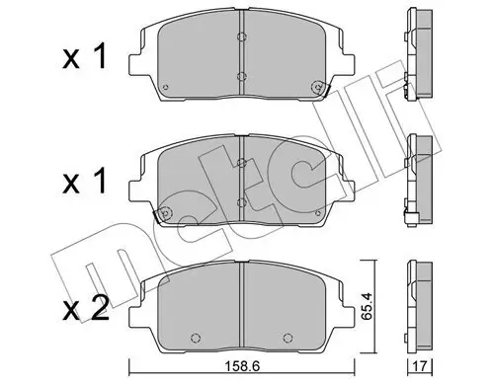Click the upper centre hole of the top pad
pyautogui.click(x=242, y=38)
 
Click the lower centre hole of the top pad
pyautogui.click(x=242, y=75)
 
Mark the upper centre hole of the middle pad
pyautogui.click(x=242, y=165)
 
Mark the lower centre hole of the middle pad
pyautogui.click(x=242, y=202)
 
